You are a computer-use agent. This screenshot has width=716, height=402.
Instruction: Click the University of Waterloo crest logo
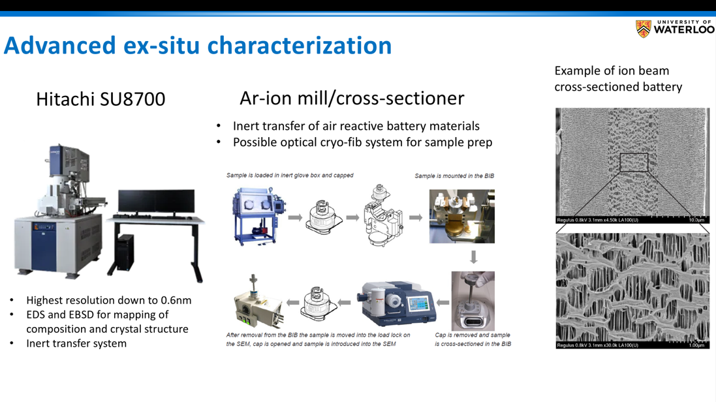coord(644,29)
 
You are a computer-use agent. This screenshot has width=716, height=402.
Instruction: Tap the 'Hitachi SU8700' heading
coord(101,99)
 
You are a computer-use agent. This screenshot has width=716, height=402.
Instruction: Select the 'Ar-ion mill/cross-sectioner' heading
coord(352,98)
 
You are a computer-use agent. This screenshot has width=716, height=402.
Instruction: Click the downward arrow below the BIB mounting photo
coord(474,257)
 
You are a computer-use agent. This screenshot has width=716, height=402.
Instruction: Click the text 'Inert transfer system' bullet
coord(76,343)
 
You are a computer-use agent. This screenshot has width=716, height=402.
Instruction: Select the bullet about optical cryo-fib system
coord(362,142)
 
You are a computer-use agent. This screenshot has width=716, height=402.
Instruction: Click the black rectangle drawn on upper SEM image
coord(633,162)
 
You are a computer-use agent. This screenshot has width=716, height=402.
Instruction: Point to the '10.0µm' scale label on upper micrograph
coord(696,220)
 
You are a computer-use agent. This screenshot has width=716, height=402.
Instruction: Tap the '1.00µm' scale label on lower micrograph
coord(696,345)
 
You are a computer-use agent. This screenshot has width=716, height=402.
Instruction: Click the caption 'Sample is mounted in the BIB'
coord(454,176)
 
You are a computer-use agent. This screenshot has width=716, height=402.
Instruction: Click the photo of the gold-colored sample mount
coord(461,217)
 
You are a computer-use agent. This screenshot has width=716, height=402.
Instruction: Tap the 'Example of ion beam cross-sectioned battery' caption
coord(618,78)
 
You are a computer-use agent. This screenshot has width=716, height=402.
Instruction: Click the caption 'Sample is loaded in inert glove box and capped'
coord(290,175)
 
